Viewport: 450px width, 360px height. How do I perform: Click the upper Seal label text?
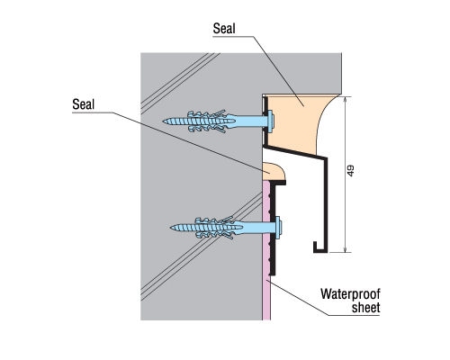[x=224, y=29]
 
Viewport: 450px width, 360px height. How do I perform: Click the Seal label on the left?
[x=83, y=104]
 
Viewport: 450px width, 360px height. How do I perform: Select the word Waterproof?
[x=350, y=294]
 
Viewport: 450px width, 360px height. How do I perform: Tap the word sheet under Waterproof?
[x=365, y=308]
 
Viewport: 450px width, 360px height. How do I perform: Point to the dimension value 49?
[x=350, y=170]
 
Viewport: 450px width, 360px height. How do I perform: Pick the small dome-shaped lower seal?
[x=274, y=172]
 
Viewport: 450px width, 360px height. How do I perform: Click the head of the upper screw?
[x=271, y=121]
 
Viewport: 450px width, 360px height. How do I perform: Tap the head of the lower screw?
[x=278, y=228]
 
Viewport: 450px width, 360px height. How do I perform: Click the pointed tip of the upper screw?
[x=163, y=121]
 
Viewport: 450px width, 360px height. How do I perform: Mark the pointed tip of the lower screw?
[x=171, y=228]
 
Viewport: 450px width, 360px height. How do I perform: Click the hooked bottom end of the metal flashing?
[x=318, y=247]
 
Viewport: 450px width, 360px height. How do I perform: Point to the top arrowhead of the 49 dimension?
[x=346, y=99]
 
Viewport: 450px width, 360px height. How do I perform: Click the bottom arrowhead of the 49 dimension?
[x=346, y=249]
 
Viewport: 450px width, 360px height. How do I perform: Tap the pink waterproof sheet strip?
[x=266, y=250]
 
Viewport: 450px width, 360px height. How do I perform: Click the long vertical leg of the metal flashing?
[x=325, y=204]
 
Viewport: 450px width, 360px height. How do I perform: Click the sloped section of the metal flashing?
[x=294, y=152]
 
